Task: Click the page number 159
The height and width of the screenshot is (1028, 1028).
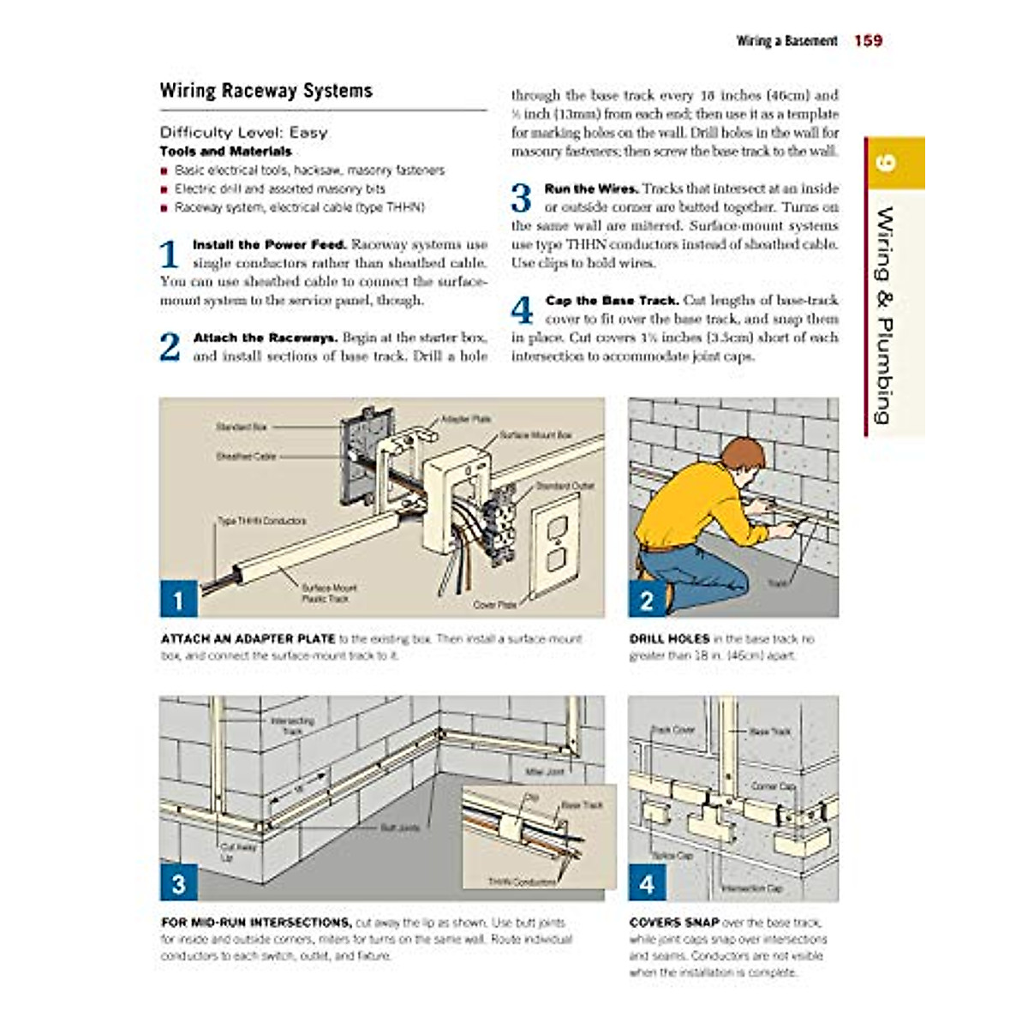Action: pyautogui.click(x=868, y=40)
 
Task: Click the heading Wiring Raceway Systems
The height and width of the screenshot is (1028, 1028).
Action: pyautogui.click(x=266, y=91)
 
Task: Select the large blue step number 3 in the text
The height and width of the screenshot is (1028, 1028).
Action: pyautogui.click(x=521, y=199)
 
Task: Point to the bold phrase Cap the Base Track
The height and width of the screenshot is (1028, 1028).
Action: pyautogui.click(x=612, y=301)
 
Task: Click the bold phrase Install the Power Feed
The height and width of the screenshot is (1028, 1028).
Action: pyautogui.click(x=269, y=245)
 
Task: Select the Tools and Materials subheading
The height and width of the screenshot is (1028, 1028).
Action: pyautogui.click(x=225, y=151)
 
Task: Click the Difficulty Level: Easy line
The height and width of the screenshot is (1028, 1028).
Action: pyautogui.click(x=243, y=133)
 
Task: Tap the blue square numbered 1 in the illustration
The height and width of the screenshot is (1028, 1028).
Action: pyautogui.click(x=178, y=600)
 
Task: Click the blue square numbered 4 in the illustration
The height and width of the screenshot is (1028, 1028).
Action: pyautogui.click(x=647, y=883)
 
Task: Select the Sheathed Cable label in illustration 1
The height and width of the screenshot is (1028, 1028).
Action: pyautogui.click(x=245, y=457)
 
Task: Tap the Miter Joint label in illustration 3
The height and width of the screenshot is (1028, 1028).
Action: pyautogui.click(x=544, y=772)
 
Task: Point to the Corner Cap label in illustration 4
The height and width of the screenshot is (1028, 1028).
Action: pyautogui.click(x=774, y=786)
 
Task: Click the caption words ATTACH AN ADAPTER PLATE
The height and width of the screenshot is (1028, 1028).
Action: pyautogui.click(x=248, y=639)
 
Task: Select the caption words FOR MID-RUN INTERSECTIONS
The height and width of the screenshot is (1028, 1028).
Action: pyautogui.click(x=256, y=923)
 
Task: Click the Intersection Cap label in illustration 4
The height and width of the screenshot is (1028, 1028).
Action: pyautogui.click(x=751, y=888)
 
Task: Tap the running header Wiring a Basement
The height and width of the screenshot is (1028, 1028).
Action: pyautogui.click(x=786, y=41)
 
